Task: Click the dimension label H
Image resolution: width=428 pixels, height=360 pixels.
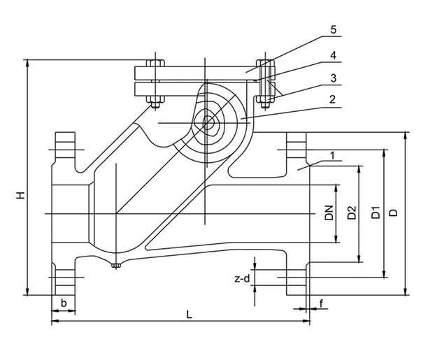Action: pyautogui.click(x=21, y=195)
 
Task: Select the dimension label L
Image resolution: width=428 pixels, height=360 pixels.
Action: pyautogui.click(x=189, y=315)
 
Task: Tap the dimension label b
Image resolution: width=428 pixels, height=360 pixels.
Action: pyautogui.click(x=64, y=303)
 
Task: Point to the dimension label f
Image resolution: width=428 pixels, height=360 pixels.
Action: pyautogui.click(x=322, y=303)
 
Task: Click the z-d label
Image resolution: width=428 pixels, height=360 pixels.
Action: pyautogui.click(x=242, y=279)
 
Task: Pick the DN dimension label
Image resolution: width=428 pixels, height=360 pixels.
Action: pyautogui.click(x=329, y=213)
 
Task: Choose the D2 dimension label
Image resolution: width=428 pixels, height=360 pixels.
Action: pyautogui.click(x=352, y=213)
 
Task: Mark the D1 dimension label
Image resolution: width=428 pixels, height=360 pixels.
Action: pyautogui.click(x=376, y=213)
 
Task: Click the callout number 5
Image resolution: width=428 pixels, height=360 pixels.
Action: pyautogui.click(x=334, y=29)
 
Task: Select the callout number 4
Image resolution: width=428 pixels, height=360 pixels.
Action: pyautogui.click(x=333, y=55)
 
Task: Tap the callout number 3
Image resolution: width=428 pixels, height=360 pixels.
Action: pyautogui.click(x=334, y=78)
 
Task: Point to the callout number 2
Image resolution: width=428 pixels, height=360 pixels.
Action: pyautogui.click(x=332, y=99)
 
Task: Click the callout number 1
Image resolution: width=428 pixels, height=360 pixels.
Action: pyautogui.click(x=332, y=156)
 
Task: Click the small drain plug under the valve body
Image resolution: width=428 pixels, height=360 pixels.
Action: pyautogui.click(x=116, y=266)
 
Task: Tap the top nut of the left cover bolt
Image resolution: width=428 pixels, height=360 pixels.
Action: pyautogui.click(x=155, y=63)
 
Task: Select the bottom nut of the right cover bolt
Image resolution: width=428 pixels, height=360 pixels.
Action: pyautogui.click(x=264, y=101)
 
